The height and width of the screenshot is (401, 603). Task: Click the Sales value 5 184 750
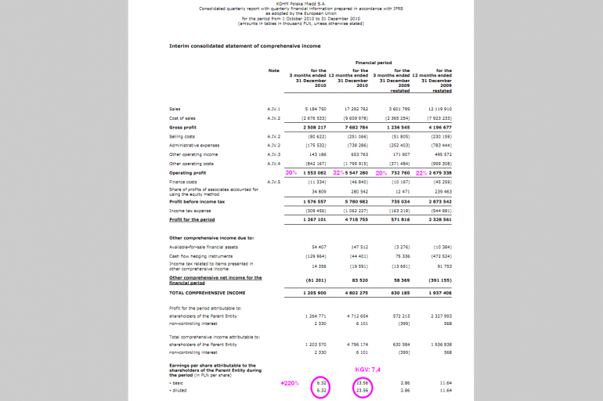point(315,109)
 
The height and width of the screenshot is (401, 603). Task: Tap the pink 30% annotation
point(291,172)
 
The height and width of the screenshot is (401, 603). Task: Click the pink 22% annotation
point(421,172)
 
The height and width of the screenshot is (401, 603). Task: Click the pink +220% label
point(291,383)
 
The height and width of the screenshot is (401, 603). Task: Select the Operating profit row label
point(187,172)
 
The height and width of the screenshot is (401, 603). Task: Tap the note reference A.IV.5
point(273,182)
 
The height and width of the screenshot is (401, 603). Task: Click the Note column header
point(273,70)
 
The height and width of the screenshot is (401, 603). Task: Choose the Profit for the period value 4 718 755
point(356,220)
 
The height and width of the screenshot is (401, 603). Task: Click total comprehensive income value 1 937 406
point(439,292)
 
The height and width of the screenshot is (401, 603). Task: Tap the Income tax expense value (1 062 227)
point(356,211)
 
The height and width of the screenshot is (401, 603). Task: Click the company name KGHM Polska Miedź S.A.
point(301,4)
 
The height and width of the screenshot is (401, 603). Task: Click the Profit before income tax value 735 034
point(399,201)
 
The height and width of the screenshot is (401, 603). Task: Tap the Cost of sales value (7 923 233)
point(439,117)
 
